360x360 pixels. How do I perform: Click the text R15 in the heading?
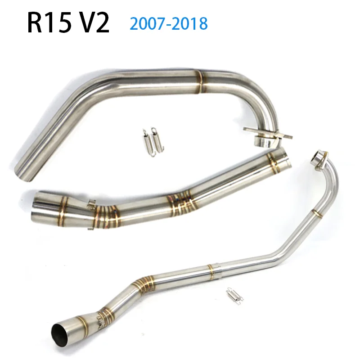pos(50,23)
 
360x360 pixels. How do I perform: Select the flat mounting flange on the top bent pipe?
pos(268,132)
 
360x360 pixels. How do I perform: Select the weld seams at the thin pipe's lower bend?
pos(139,284)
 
